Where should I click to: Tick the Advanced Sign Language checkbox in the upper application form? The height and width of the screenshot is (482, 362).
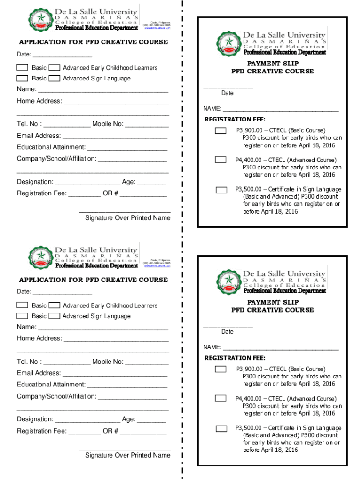54,78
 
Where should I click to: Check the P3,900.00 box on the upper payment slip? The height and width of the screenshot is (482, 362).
220,130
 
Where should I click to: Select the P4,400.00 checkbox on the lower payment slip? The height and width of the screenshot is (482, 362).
220,399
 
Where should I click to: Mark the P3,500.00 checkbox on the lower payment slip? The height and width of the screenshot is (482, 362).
221,428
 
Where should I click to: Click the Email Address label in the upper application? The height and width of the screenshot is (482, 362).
39,136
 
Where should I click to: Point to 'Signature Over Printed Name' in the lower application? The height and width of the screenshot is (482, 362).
127,455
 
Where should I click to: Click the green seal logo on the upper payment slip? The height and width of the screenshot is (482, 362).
229,42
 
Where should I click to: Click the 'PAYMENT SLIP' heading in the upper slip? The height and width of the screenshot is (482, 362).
273,64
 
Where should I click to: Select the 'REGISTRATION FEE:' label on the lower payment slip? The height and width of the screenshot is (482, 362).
235,358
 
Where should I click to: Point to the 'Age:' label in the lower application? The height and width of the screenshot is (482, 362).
129,419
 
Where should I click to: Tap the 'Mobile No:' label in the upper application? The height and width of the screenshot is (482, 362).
108,124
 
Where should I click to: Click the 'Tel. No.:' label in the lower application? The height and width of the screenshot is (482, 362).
30,361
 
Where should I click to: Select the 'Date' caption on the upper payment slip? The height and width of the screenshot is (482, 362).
228,93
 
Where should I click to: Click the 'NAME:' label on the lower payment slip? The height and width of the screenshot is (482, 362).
212,347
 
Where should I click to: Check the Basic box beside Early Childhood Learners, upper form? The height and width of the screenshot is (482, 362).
23,68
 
